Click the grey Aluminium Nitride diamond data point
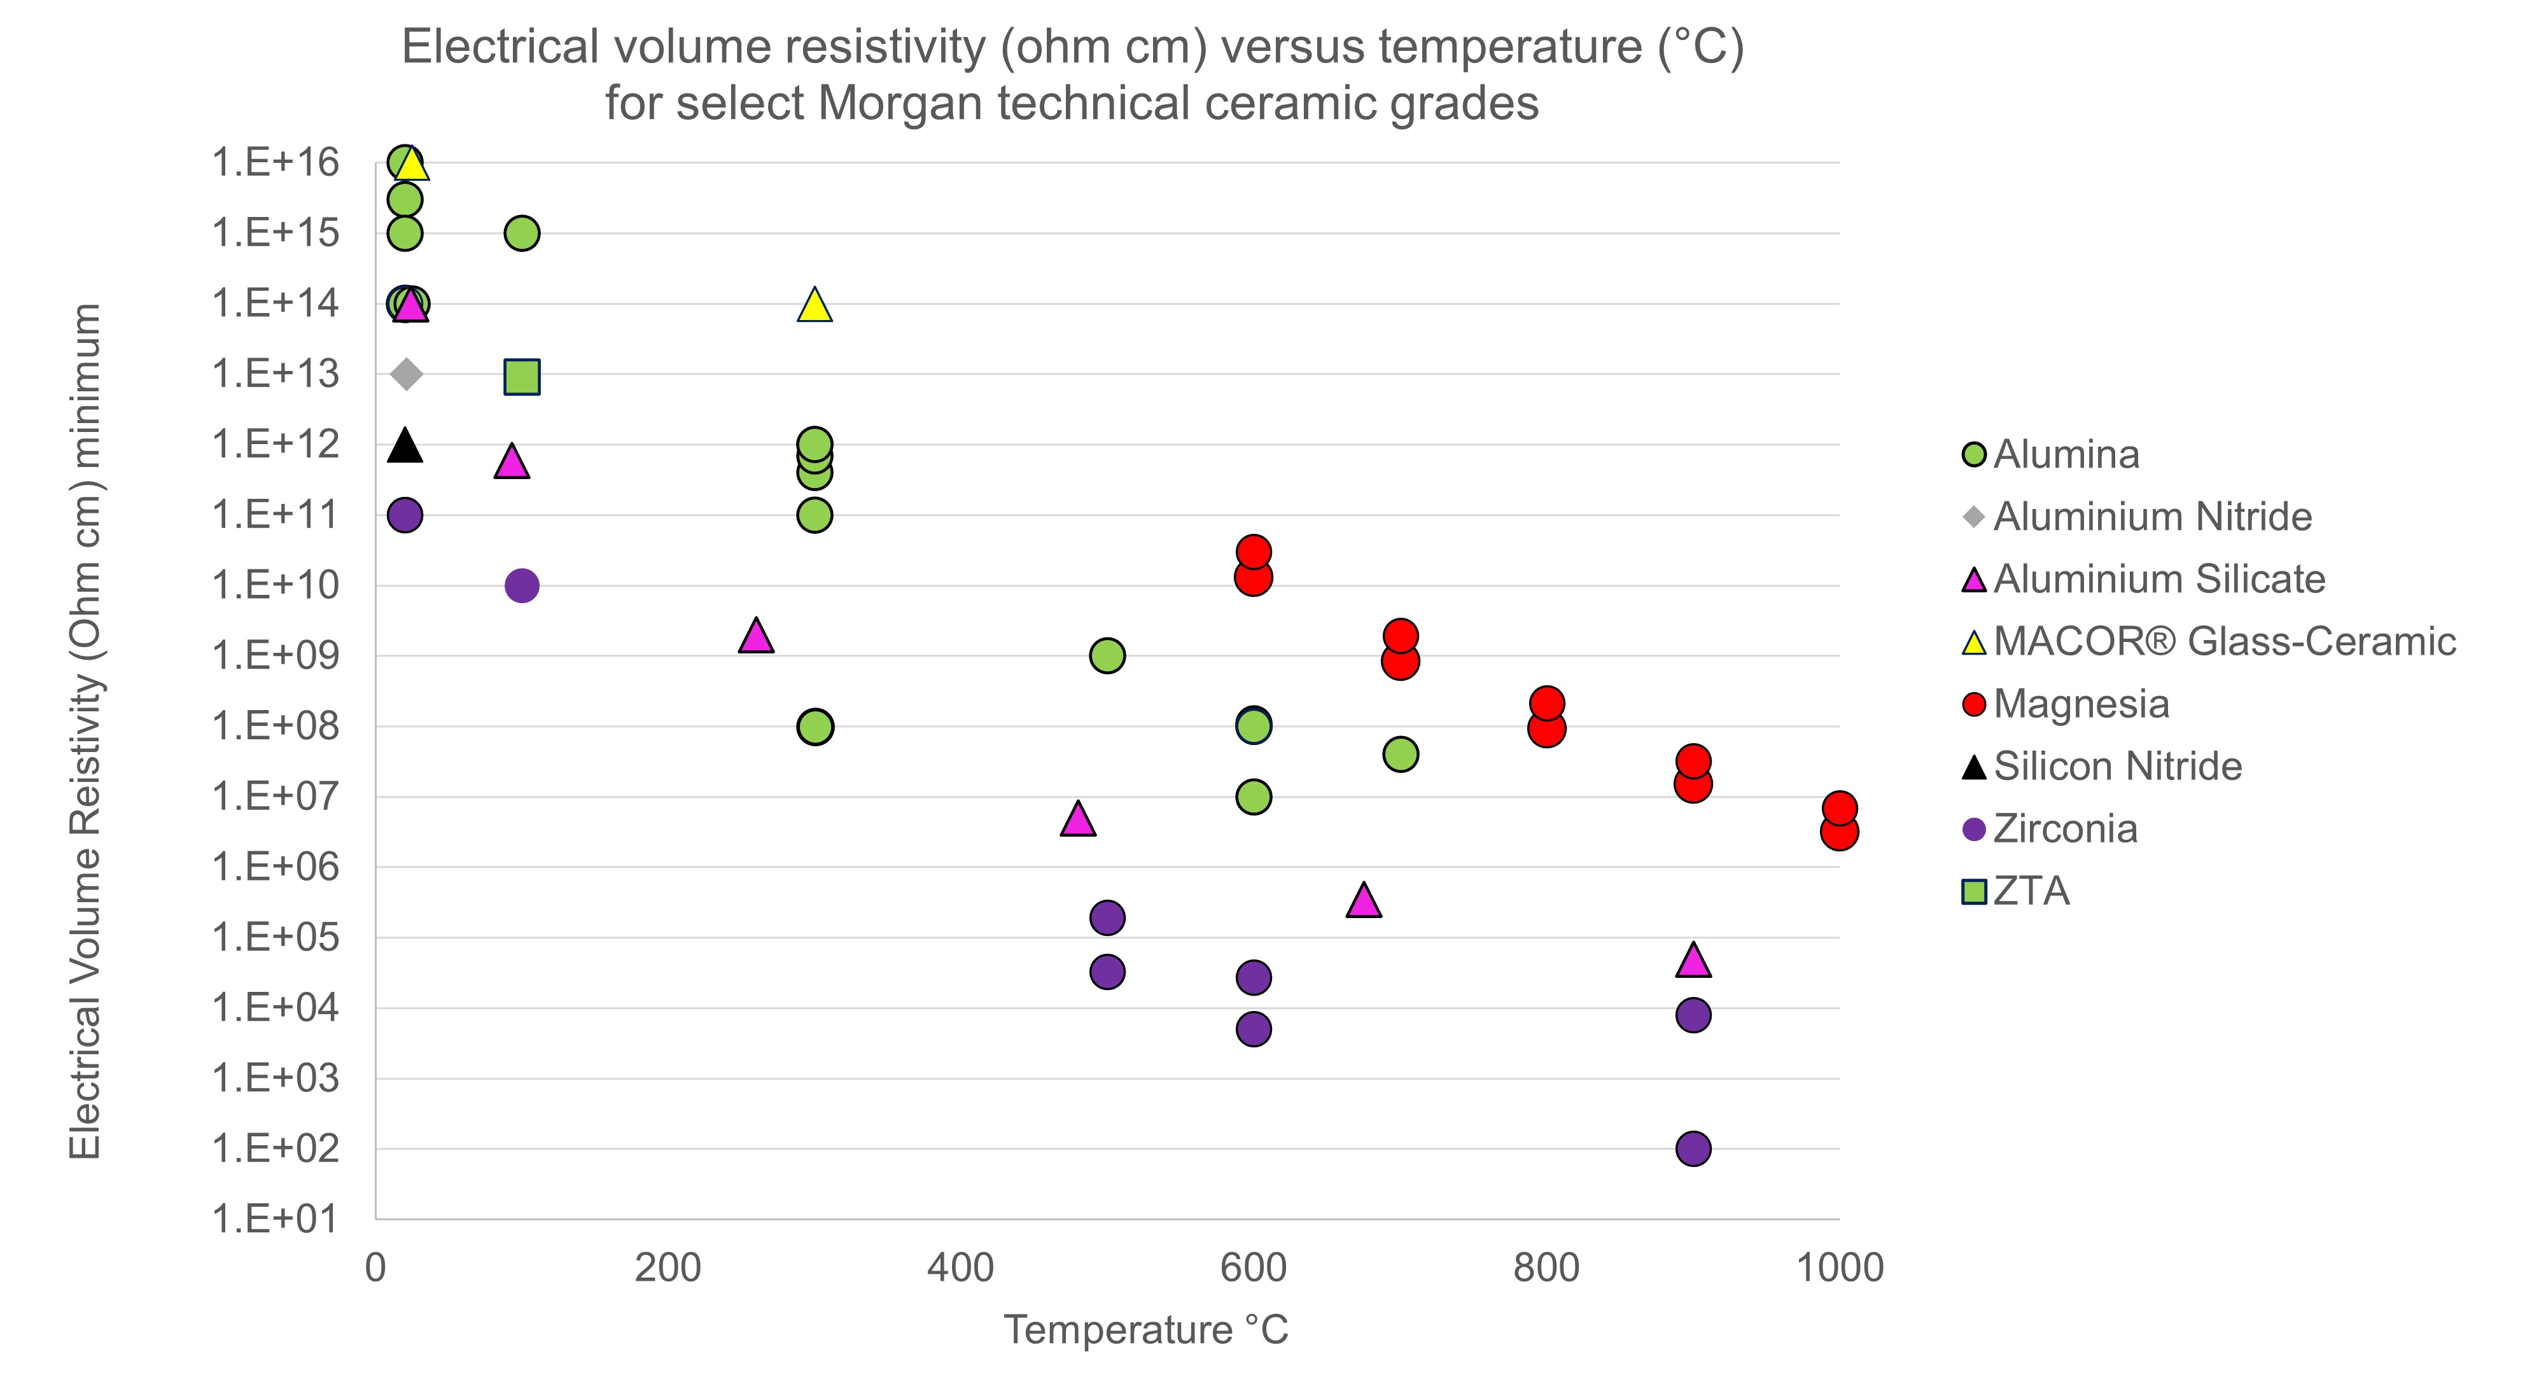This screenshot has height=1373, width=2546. point(406,373)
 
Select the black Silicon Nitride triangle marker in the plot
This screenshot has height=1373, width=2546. point(404,447)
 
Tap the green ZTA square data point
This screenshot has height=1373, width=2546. point(522,375)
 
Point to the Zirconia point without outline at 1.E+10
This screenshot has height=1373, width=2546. point(522,585)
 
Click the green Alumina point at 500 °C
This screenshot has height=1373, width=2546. point(1107,655)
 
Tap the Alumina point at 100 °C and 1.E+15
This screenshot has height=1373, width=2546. point(522,233)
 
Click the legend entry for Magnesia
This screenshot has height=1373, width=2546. point(2080,704)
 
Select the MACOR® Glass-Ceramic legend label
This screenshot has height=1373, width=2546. point(2224,641)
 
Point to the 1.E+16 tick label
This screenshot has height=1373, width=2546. point(275,162)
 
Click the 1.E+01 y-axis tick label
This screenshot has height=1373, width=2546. point(275,1219)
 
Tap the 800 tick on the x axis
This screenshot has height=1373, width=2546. point(1546,1267)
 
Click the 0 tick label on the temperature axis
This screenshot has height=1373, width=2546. point(375,1267)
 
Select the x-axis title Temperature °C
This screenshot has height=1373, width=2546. point(1145,1330)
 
